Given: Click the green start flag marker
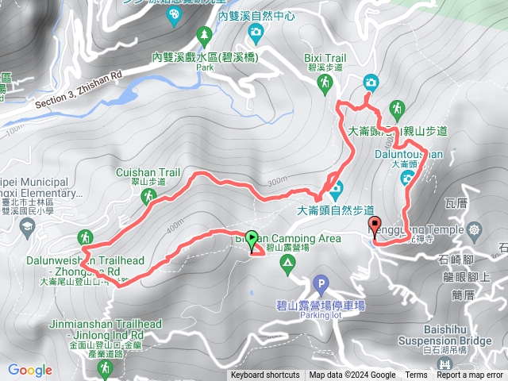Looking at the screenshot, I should [x=252, y=237].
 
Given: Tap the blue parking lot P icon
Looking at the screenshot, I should [x=321, y=283].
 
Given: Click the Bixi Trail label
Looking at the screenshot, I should [x=325, y=58].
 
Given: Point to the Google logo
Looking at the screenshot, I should [x=29, y=370].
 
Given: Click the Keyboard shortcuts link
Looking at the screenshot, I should [x=265, y=375].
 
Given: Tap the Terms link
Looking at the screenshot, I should [x=416, y=375].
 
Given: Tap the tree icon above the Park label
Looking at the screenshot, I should [x=205, y=35].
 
